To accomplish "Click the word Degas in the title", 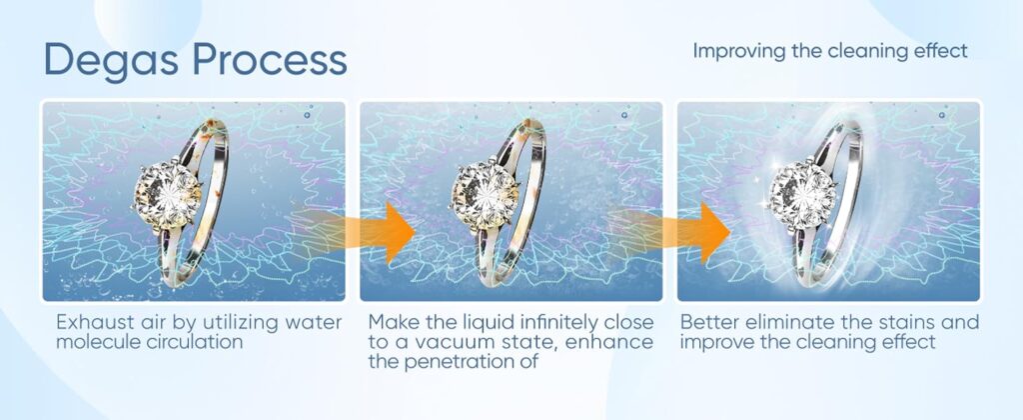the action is point(111,61).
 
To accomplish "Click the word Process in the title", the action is point(270,59).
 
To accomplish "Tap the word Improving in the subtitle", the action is point(738,52).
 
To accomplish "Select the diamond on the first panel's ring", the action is point(166,193).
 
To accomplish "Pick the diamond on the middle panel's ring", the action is point(484,194).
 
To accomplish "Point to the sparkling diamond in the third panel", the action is point(802,194).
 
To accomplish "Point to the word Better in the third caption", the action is point(706,322).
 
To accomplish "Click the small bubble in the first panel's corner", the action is point(307,115).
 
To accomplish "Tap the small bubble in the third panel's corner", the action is point(942,115).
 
